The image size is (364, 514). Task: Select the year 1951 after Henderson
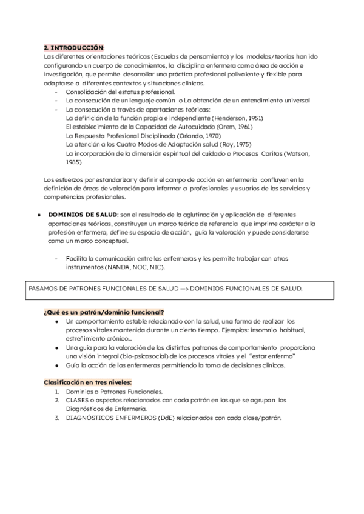tap(251, 118)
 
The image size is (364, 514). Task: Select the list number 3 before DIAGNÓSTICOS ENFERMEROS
tap(56, 418)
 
